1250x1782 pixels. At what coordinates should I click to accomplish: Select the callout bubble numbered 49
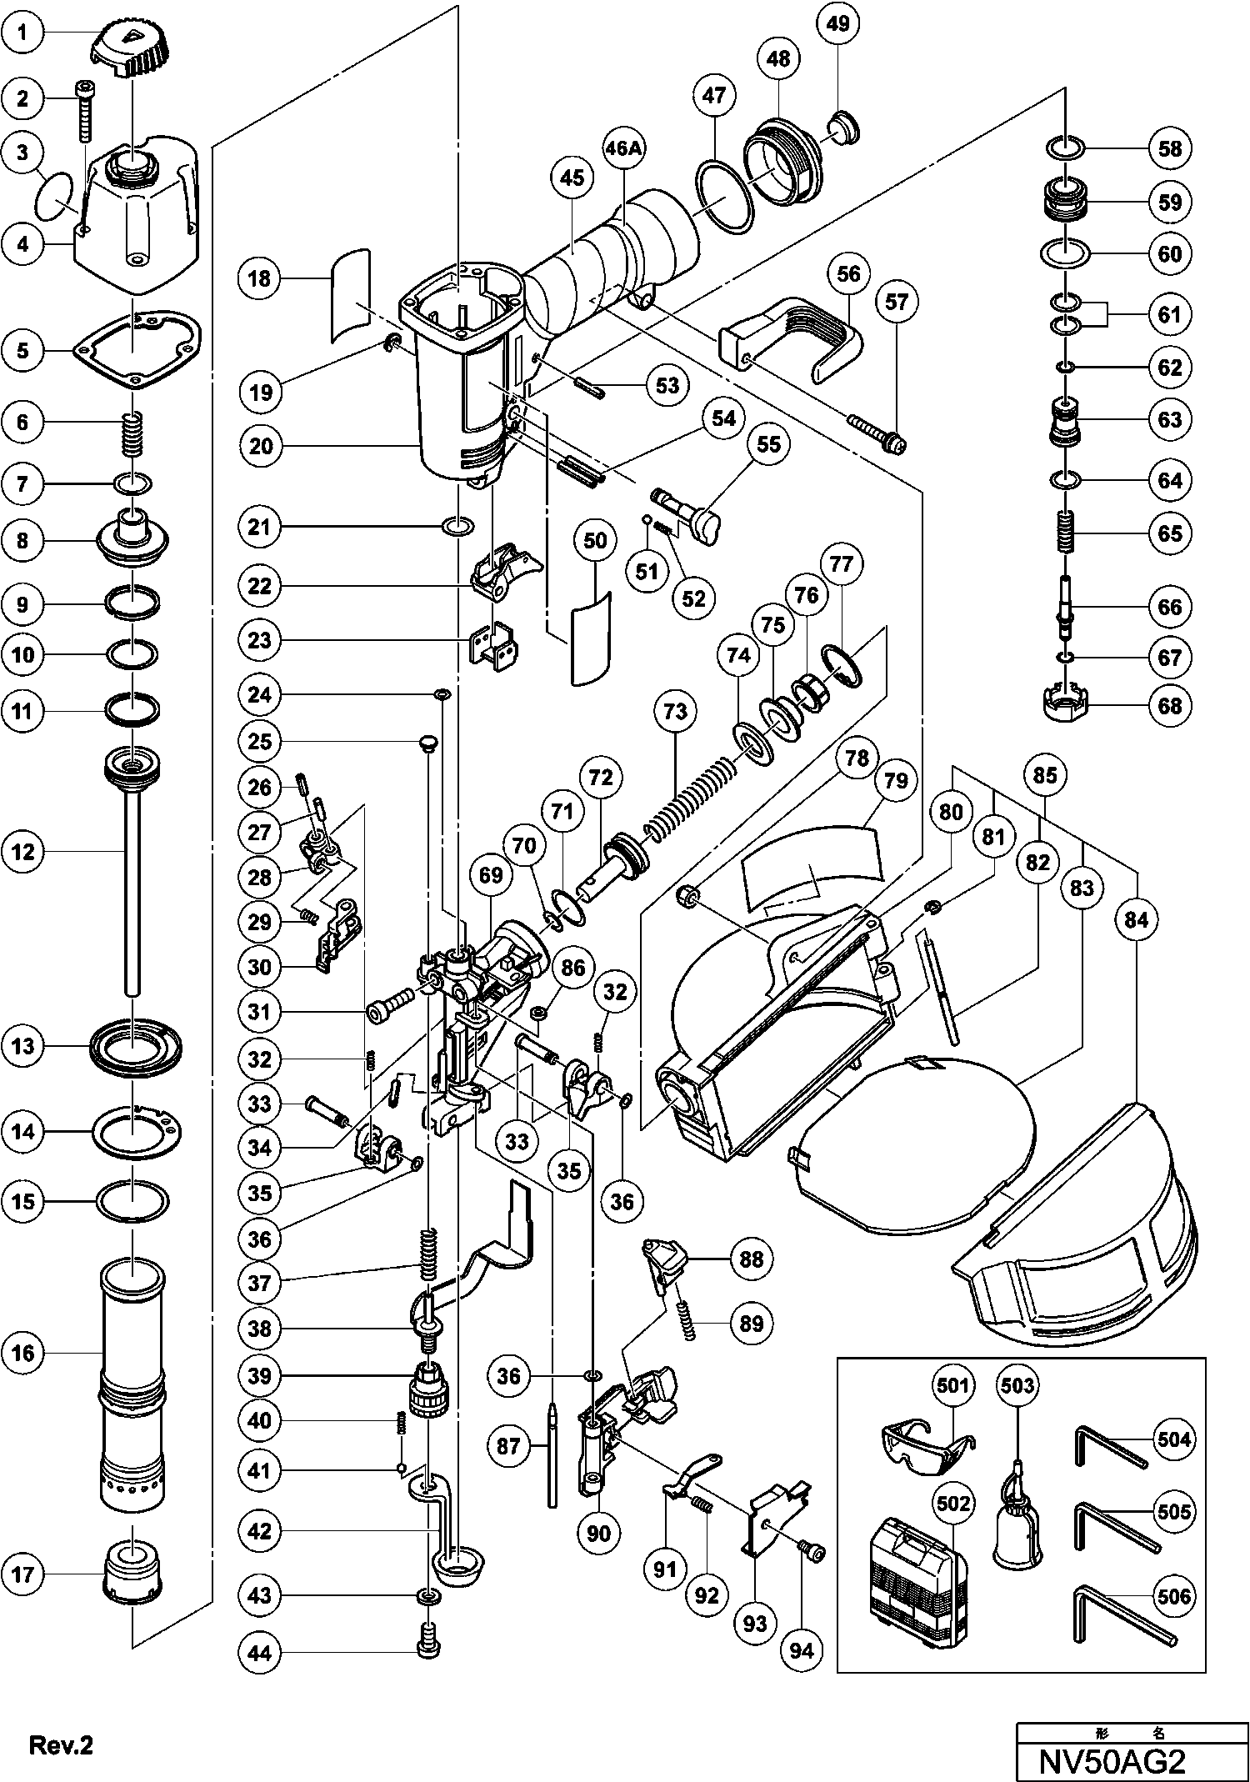[839, 23]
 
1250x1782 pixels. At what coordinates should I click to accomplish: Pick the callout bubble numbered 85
[1045, 775]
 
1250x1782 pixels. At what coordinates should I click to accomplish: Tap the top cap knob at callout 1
[132, 48]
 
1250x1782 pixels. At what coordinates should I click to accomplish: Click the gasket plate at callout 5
[137, 350]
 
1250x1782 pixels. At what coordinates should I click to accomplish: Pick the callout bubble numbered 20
[261, 446]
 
